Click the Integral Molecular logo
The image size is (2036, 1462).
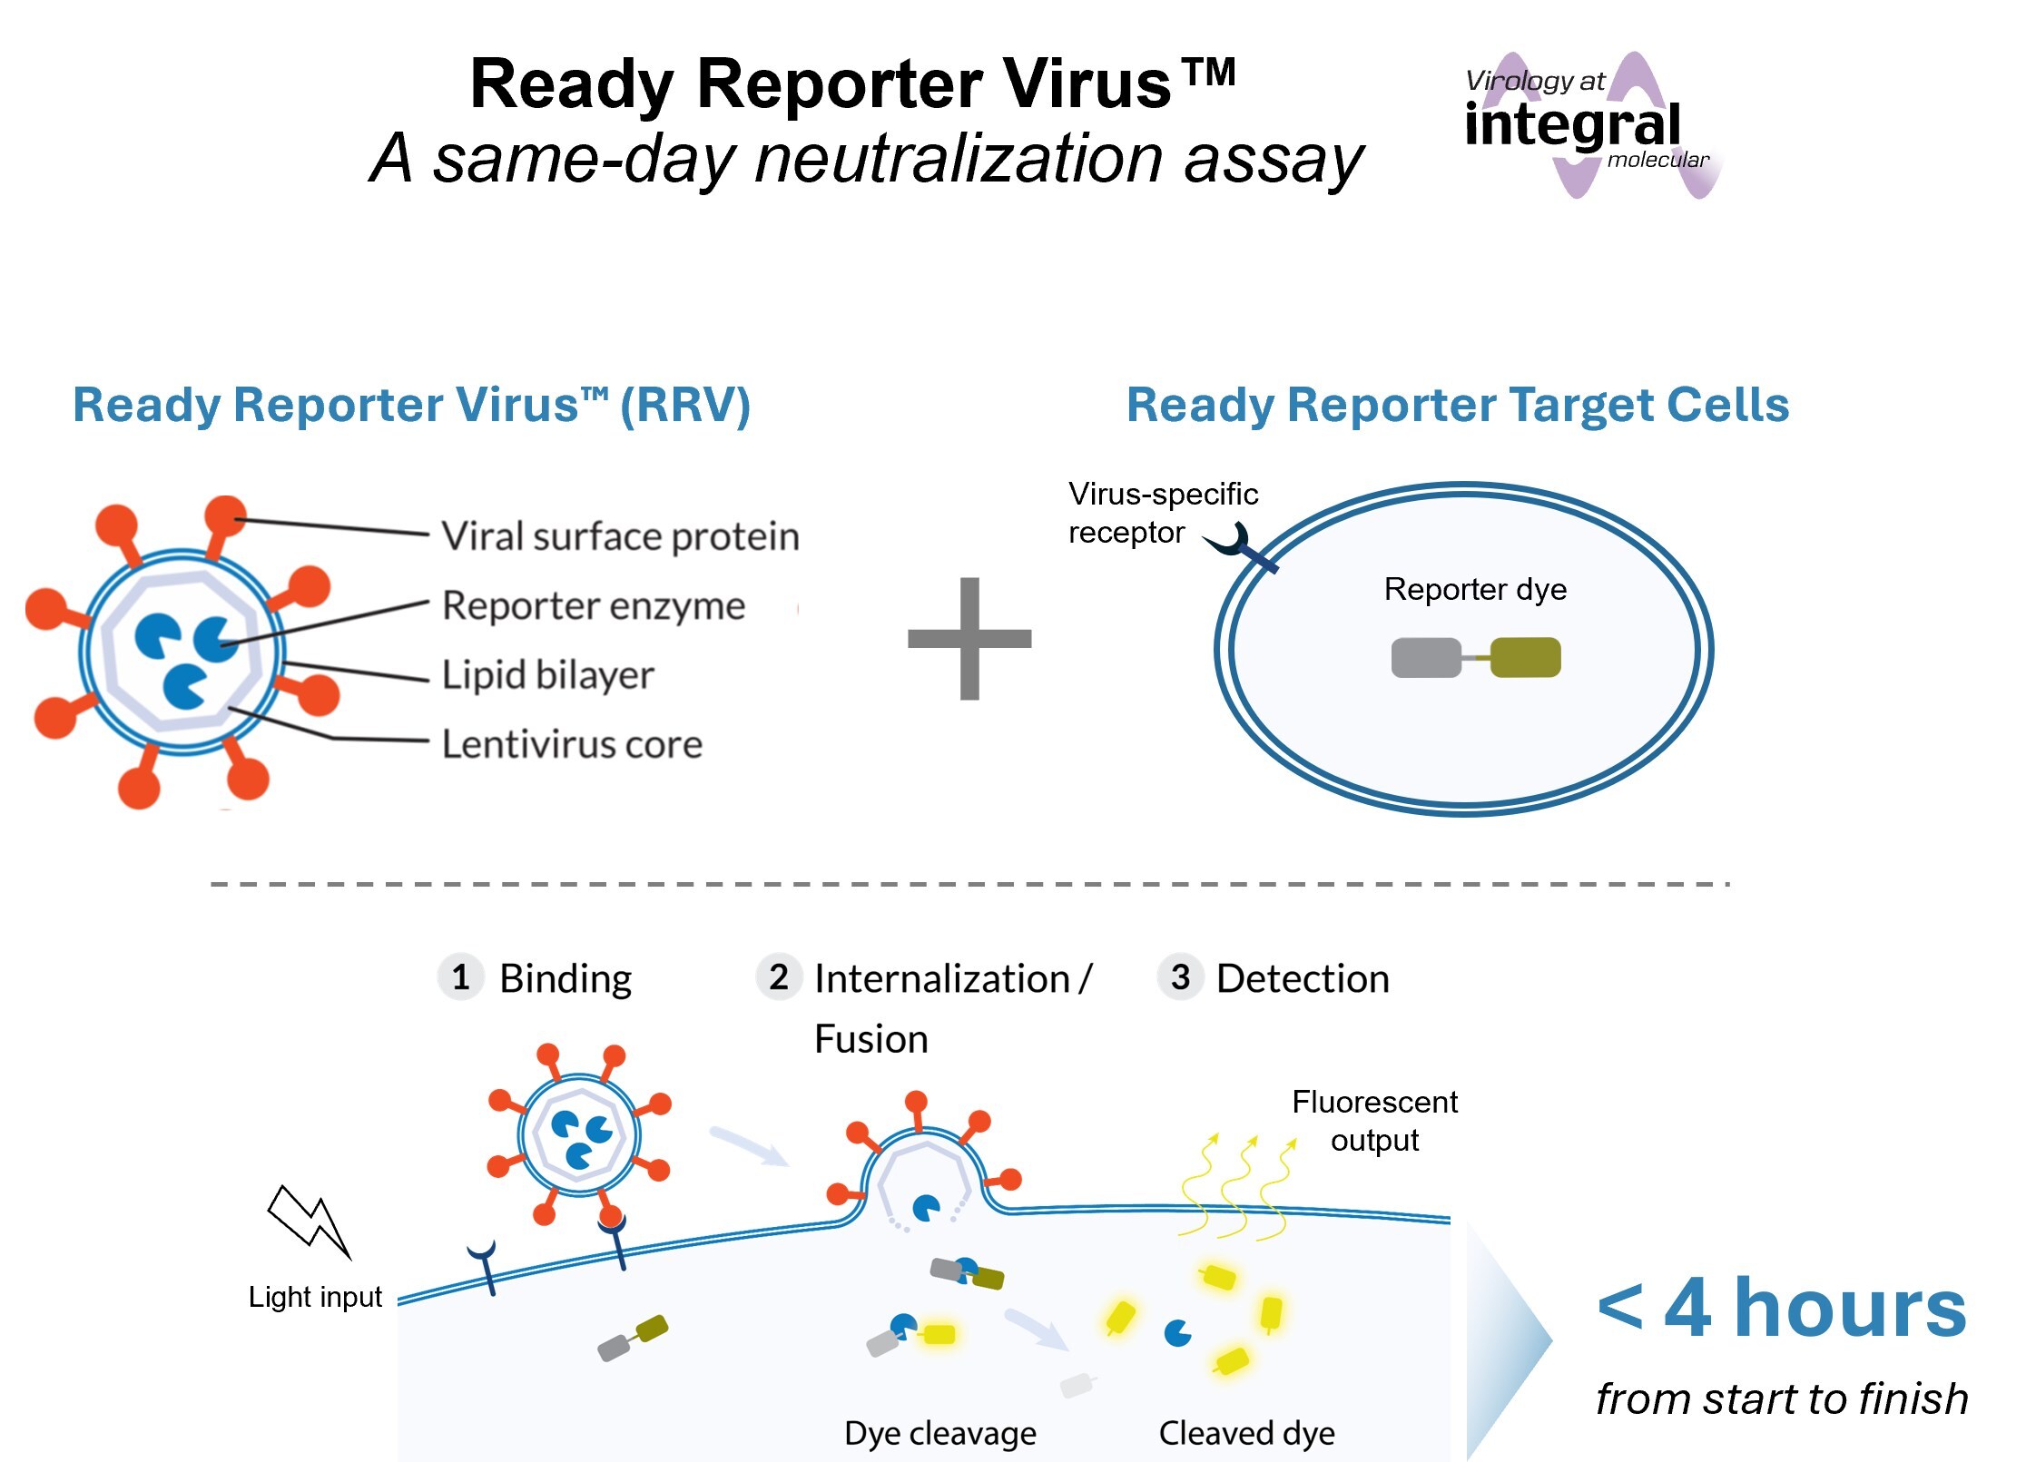pyautogui.click(x=1588, y=125)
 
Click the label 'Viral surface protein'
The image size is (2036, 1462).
pyautogui.click(x=620, y=536)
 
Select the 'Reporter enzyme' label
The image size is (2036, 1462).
pyautogui.click(x=594, y=605)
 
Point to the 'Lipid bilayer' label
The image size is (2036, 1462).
pyautogui.click(x=547, y=675)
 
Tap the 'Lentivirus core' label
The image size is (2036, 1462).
pyautogui.click(x=572, y=744)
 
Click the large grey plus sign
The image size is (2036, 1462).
pyautogui.click(x=969, y=638)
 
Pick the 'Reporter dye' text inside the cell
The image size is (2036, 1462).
pyautogui.click(x=1475, y=590)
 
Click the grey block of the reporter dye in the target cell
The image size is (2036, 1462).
pyautogui.click(x=1425, y=658)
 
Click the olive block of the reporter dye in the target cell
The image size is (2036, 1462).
pyautogui.click(x=1525, y=658)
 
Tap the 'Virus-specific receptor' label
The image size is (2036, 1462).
pyautogui.click(x=1162, y=513)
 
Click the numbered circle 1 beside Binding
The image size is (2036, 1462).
pyautogui.click(x=461, y=977)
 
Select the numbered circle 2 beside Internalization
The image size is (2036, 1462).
pyautogui.click(x=779, y=977)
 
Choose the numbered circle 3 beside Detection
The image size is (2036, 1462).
pyautogui.click(x=1180, y=977)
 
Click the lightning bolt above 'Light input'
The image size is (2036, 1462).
pyautogui.click(x=309, y=1221)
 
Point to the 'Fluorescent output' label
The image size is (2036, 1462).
pyautogui.click(x=1374, y=1121)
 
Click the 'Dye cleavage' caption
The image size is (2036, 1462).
pyautogui.click(x=939, y=1433)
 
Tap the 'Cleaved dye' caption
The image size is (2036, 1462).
pyautogui.click(x=1246, y=1433)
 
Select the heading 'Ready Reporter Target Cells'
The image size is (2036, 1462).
pyautogui.click(x=1458, y=405)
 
